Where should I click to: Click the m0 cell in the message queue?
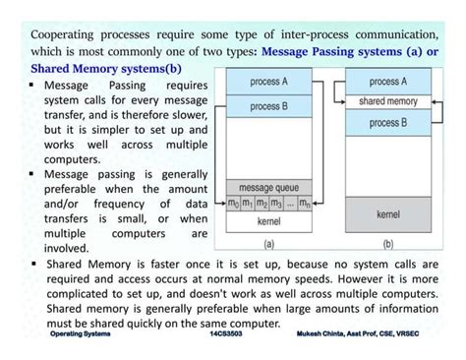(x=233, y=204)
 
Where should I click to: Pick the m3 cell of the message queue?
(x=277, y=204)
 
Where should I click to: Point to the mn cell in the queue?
(x=306, y=204)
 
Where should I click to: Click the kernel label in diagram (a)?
(x=269, y=222)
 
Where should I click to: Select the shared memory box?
(x=387, y=101)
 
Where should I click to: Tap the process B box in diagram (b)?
(x=387, y=123)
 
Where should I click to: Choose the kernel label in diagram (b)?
(x=387, y=212)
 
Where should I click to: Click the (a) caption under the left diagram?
(x=269, y=244)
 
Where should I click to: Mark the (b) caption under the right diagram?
(x=387, y=244)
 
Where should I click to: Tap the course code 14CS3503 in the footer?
(x=226, y=334)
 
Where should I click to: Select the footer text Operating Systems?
(x=80, y=334)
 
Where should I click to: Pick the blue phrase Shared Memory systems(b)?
(x=106, y=68)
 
